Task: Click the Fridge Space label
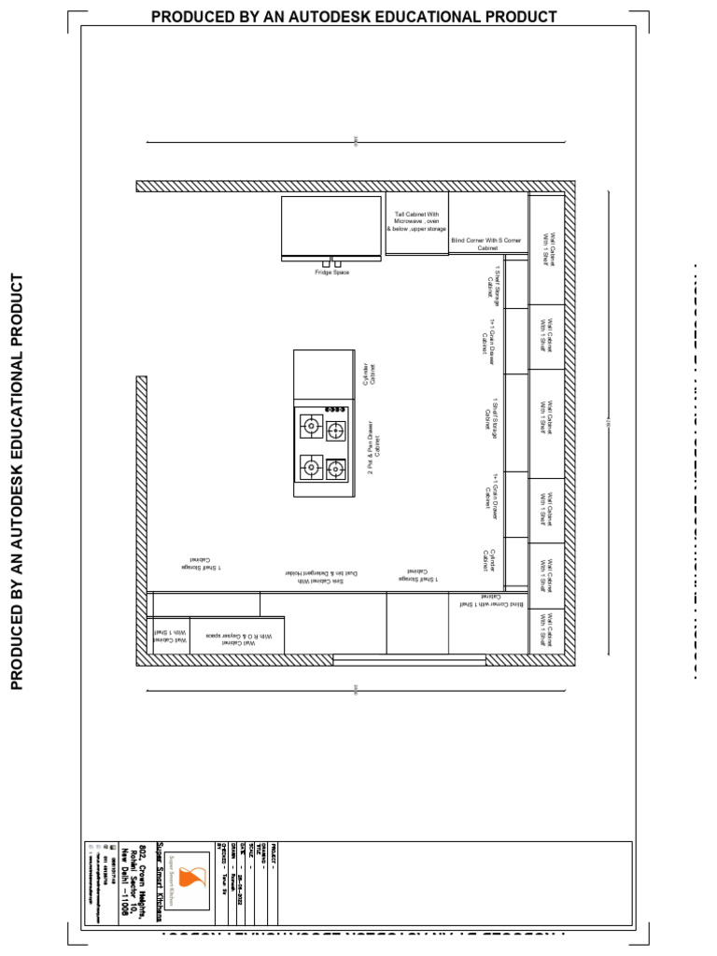coord(331,273)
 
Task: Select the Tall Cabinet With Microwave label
coord(416,221)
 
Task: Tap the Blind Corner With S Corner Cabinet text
coord(488,245)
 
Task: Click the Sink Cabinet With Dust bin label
coord(321,577)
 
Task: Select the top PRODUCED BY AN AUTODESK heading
coord(354,17)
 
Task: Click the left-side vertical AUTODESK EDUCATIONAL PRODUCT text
coord(16,481)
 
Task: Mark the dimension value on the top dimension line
coord(356,142)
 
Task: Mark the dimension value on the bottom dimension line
coord(356,691)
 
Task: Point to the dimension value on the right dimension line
coord(608,426)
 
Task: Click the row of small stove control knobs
coord(335,409)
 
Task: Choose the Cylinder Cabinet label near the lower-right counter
coord(488,560)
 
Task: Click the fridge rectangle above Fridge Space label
coord(331,226)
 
